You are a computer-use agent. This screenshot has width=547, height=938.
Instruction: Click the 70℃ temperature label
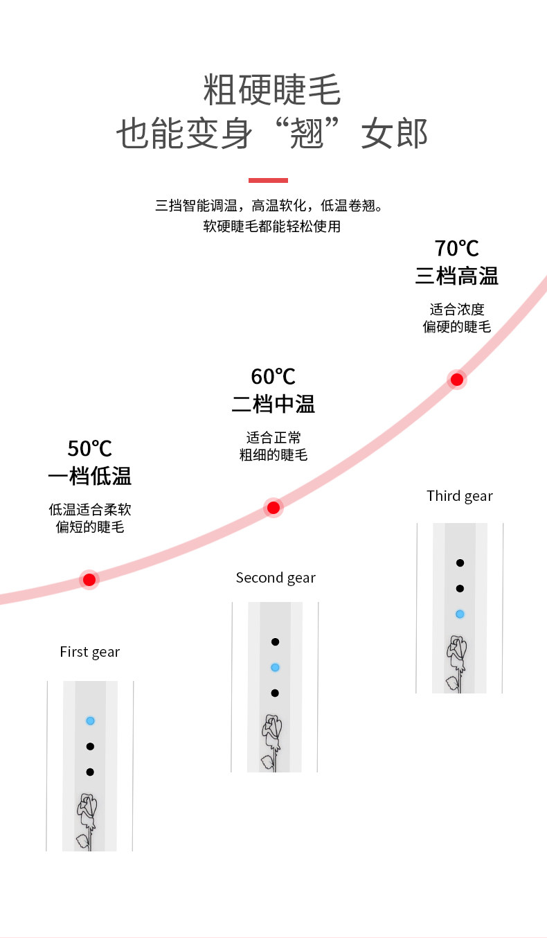[456, 248]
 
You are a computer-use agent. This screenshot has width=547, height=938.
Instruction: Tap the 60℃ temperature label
[273, 376]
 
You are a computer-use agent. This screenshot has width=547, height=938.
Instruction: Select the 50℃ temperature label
[89, 448]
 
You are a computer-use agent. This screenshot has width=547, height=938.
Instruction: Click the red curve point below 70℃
[456, 380]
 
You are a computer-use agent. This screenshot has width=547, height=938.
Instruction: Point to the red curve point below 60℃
[273, 508]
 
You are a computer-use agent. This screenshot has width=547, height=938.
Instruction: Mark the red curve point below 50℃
[89, 580]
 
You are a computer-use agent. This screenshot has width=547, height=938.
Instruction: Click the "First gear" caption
[89, 652]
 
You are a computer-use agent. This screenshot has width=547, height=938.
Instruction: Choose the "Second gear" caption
[276, 578]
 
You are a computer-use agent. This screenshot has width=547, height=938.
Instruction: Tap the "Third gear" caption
[460, 496]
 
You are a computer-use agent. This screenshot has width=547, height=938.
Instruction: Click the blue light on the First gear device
[90, 720]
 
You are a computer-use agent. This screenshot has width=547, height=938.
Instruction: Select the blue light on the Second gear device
[275, 668]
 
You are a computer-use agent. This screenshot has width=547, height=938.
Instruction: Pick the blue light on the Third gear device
[460, 614]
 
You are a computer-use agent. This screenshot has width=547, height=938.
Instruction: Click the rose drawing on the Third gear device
[456, 664]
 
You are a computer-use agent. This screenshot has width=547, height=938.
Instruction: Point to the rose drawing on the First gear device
[87, 822]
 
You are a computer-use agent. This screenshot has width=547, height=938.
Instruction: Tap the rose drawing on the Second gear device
[271, 743]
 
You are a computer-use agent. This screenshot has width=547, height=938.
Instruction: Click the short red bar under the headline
[268, 181]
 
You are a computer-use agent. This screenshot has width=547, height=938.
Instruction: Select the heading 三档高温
[456, 276]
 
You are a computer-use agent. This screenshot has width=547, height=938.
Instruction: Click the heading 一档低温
[89, 477]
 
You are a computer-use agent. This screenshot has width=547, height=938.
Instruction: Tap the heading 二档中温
[273, 405]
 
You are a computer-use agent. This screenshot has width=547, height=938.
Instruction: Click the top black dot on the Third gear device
[460, 563]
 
